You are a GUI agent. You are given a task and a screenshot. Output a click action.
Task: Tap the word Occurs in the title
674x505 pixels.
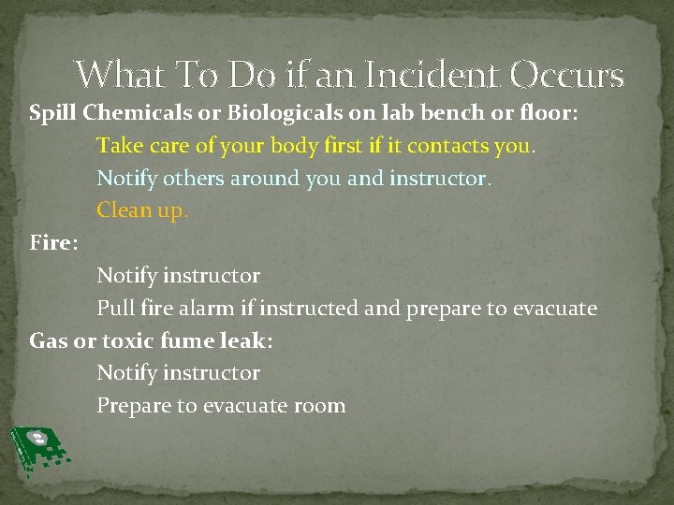coord(568,74)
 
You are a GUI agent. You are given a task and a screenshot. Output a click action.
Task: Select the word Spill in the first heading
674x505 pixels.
coord(53,114)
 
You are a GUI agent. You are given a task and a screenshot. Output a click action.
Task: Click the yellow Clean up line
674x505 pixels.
coord(142,210)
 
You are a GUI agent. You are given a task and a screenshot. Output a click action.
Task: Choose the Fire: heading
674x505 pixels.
coord(53,243)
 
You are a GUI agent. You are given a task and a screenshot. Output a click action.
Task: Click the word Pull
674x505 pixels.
coord(116,308)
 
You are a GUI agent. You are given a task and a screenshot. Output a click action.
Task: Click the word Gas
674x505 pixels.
coord(48,340)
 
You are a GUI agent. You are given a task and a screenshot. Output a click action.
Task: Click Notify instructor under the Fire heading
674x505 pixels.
coord(178,276)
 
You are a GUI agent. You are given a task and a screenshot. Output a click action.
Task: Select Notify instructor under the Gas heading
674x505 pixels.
coord(178,373)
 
